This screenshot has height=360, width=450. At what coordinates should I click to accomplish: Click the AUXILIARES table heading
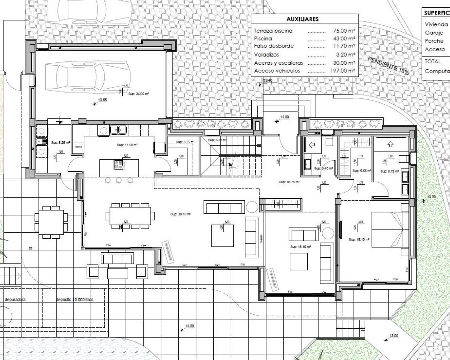(x=302, y=19)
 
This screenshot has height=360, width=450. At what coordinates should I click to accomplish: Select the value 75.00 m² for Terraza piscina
(x=344, y=31)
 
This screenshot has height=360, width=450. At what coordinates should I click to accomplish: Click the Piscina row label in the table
(x=263, y=39)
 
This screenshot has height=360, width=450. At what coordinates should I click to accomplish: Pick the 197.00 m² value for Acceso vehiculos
(x=342, y=71)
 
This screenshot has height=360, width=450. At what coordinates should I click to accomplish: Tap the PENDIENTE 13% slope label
(x=388, y=65)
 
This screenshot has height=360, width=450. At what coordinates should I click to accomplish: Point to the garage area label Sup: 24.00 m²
(x=139, y=94)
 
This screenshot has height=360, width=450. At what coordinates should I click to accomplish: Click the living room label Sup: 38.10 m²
(x=181, y=214)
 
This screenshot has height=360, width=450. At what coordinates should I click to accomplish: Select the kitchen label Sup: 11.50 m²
(x=127, y=145)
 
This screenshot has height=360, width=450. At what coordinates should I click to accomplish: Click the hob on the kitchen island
(x=119, y=163)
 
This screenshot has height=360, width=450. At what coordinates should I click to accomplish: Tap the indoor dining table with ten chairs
(x=130, y=216)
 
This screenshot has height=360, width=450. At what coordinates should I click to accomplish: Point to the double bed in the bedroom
(x=387, y=234)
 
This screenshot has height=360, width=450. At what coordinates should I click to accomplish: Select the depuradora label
(x=15, y=300)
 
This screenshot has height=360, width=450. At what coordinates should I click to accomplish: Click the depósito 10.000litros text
(x=75, y=300)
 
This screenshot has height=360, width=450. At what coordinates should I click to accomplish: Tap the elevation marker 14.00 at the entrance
(x=284, y=117)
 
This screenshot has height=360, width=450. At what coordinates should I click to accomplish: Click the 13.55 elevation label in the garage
(x=102, y=100)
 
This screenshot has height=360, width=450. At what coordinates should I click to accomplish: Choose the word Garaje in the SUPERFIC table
(x=434, y=33)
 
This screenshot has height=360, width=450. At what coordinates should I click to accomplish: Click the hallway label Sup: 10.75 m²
(x=289, y=182)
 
